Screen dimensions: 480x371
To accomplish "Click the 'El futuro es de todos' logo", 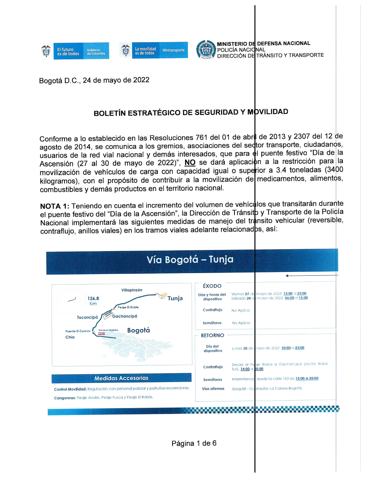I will point(74,51).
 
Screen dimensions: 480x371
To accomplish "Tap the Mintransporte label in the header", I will point(173,50).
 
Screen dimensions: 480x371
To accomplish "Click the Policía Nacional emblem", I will point(206,50).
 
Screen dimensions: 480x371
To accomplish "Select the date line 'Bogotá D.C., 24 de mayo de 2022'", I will point(94,80).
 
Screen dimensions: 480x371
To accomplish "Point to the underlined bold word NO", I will point(190,162).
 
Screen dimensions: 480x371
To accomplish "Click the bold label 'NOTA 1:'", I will point(55,206).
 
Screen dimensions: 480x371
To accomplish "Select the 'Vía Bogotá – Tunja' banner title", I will point(190,259).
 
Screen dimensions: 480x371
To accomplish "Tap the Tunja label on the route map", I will point(175,298).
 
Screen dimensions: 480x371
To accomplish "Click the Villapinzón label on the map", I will point(132,290).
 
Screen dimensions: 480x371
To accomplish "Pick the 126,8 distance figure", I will point(93,298).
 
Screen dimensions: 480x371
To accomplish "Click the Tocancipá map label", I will point(87,318).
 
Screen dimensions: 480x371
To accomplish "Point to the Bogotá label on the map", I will point(138,330).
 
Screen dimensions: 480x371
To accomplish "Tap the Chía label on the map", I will point(70,337).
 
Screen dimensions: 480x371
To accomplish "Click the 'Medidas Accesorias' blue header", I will point(121,378).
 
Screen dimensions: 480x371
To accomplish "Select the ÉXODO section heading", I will point(212,286).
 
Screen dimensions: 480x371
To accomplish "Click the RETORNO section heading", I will point(213,335).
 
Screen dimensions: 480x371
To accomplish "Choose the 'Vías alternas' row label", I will point(213,389).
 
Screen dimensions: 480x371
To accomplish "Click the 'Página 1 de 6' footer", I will point(194,443).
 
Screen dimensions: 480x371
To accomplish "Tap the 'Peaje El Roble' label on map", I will point(128,307).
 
